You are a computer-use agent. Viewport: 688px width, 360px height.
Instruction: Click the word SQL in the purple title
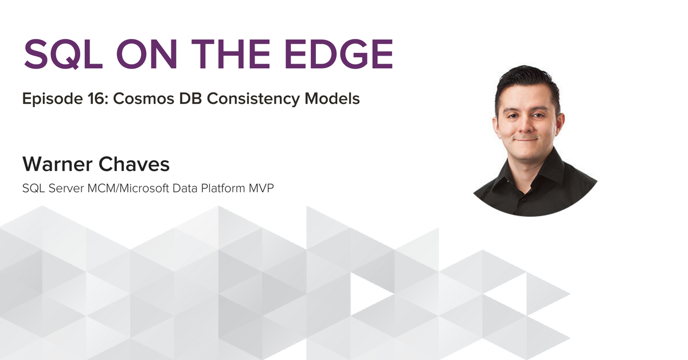(63, 54)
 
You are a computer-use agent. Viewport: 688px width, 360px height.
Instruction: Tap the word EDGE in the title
(339, 54)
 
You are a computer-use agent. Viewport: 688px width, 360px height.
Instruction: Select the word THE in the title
(230, 54)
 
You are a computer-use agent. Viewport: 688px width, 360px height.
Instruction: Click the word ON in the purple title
(147, 54)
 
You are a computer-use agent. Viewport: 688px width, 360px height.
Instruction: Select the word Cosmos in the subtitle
(144, 99)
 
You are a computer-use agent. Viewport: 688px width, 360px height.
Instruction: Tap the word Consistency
(253, 100)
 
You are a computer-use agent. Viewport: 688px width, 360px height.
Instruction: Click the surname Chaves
(134, 164)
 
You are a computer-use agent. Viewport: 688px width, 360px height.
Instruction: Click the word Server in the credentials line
(66, 188)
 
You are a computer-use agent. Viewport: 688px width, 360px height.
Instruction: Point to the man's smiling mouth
(526, 140)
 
